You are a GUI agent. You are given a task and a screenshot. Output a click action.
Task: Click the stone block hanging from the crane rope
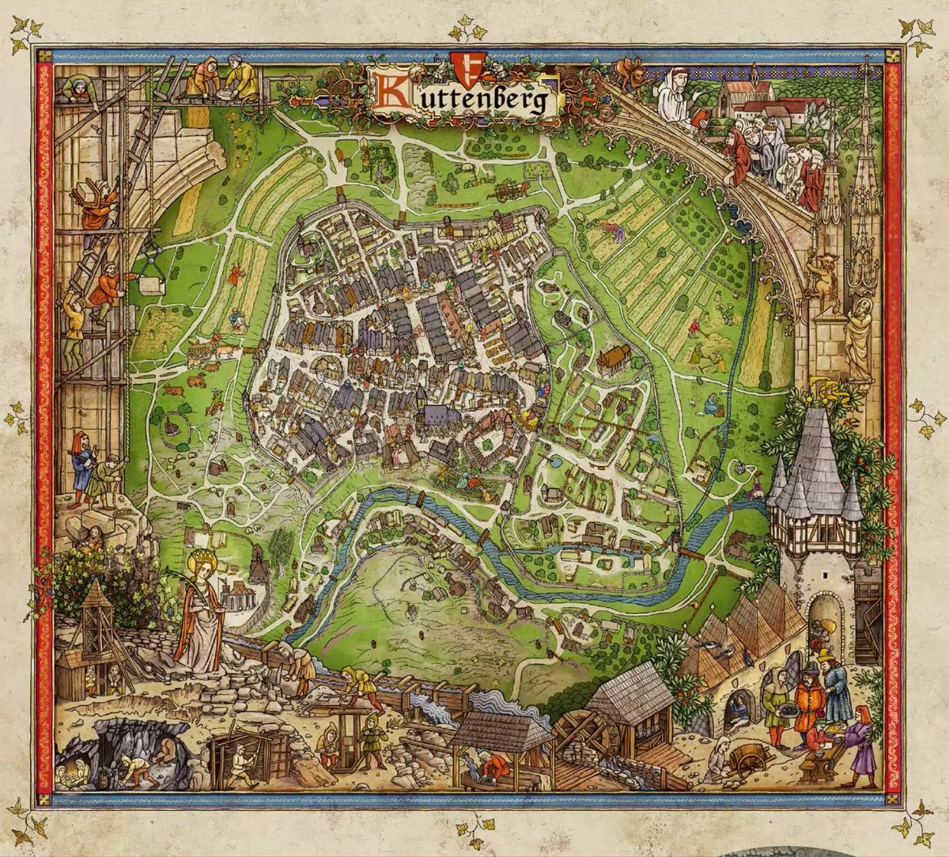[x=152, y=283]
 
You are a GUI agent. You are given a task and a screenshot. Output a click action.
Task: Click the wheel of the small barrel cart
[x=745, y=761]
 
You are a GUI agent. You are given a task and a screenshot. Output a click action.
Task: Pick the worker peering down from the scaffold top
[x=79, y=87]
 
